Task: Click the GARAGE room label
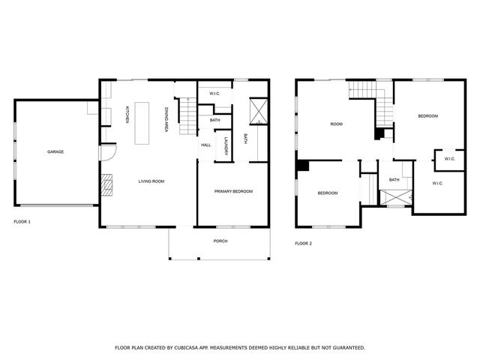point(55,151)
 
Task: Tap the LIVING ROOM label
point(151,181)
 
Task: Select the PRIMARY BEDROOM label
point(233,191)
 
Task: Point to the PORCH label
point(220,241)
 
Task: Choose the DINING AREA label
point(166,120)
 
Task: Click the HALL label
point(205,145)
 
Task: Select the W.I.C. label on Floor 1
point(214,94)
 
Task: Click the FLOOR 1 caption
point(22,222)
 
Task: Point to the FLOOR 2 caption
point(303,243)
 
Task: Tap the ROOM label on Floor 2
point(336,124)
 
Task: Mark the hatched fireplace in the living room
point(107,184)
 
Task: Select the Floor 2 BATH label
point(394,180)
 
